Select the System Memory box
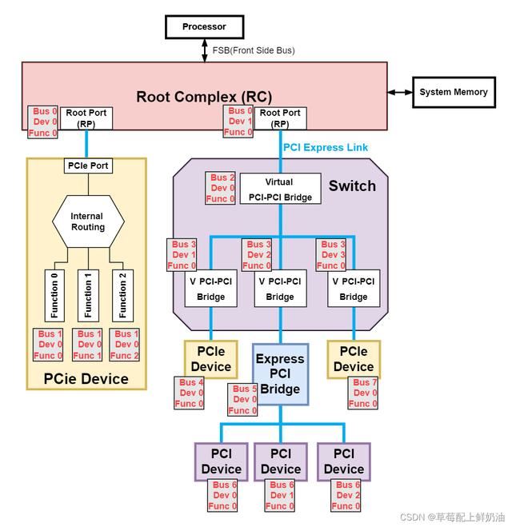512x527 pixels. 453,93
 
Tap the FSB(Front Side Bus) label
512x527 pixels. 253,50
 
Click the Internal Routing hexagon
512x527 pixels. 87,222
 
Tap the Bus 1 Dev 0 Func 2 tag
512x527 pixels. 124,345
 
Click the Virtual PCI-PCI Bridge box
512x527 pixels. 279,188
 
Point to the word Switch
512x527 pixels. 352,186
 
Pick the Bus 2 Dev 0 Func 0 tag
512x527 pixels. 221,188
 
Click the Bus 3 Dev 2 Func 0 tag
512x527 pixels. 257,255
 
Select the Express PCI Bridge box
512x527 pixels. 280,374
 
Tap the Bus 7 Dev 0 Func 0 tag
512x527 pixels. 363,393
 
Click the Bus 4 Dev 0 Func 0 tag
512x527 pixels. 190,393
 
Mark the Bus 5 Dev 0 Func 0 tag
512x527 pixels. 244,400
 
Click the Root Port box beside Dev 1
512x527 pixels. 280,119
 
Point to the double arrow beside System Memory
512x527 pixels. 399,93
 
